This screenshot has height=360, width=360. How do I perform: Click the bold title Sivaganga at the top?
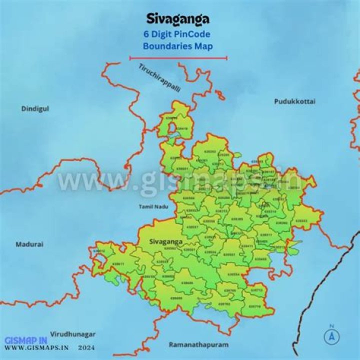[x=178, y=19]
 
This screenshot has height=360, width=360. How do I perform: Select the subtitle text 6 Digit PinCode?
[x=178, y=34]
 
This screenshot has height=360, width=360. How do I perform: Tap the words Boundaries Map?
[x=178, y=46]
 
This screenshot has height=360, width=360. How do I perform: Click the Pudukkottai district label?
[x=294, y=101]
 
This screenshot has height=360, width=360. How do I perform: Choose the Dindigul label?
[x=35, y=108]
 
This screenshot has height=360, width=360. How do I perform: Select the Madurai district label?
[x=29, y=244]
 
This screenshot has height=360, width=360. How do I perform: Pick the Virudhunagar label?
[x=73, y=333]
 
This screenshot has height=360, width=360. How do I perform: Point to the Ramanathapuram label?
[x=198, y=345]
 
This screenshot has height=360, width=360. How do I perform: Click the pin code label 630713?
[x=256, y=290]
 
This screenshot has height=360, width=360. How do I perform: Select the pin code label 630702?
[x=224, y=303]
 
